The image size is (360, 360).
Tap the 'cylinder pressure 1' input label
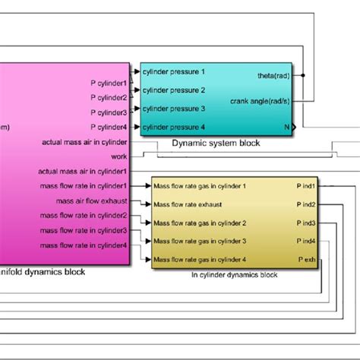click(173, 72)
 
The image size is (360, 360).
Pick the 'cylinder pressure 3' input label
click(173, 109)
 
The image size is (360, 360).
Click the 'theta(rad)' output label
click(273, 75)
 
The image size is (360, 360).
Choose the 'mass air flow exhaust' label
click(92, 201)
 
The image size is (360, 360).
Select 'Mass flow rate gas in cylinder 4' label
click(201, 260)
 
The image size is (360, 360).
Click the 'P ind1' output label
click(305, 185)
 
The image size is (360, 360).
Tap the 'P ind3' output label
click(305, 223)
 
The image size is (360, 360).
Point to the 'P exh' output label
click(307, 260)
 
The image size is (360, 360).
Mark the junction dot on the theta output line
click(304, 75)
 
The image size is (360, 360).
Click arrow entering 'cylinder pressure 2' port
click(137, 90)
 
